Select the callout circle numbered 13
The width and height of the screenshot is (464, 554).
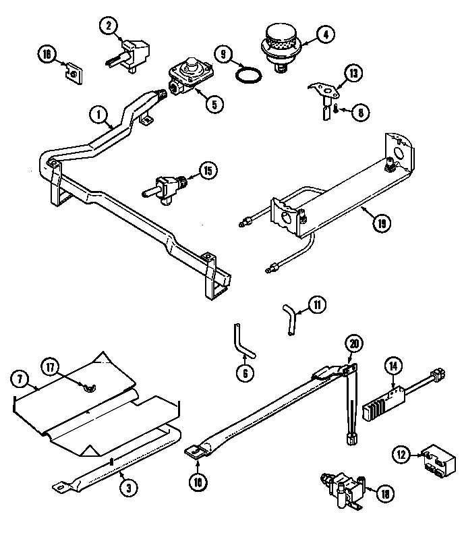click(353, 73)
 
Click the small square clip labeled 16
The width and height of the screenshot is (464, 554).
click(73, 70)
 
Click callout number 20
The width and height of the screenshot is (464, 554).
click(352, 343)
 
